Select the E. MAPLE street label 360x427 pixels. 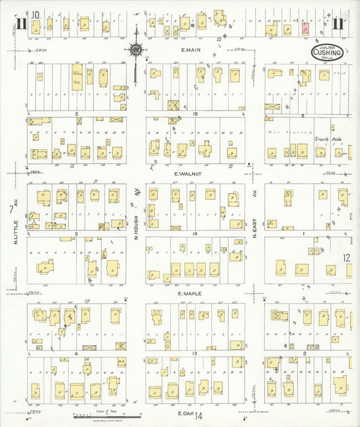pyautogui.click(x=190, y=295)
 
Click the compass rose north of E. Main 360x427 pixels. pyautogui.click(x=136, y=49)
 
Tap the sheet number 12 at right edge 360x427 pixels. pyautogui.click(x=346, y=258)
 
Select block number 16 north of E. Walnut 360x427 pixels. pyautogui.click(x=195, y=114)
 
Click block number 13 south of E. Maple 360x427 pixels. pyautogui.click(x=195, y=353)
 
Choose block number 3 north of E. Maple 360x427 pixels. pyautogui.click(x=77, y=234)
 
